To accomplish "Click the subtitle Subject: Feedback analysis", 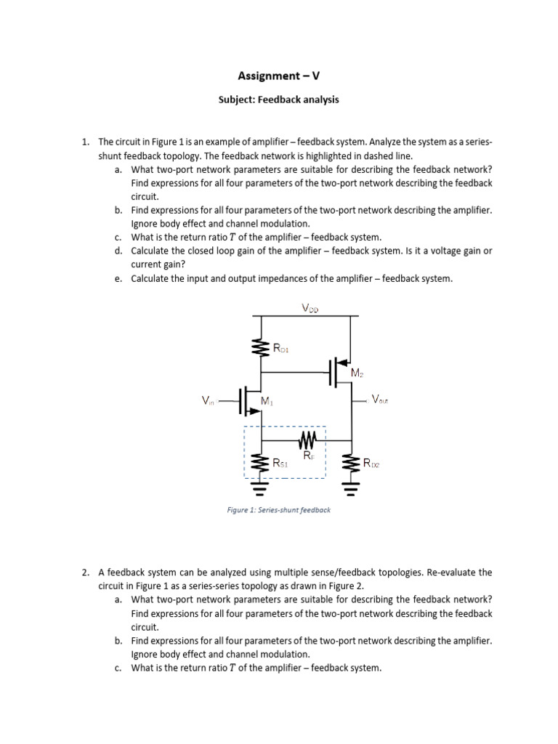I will point(279,100).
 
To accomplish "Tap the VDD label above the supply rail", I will point(310,308).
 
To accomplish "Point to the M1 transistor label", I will point(267,400).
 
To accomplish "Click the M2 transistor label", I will point(356,373).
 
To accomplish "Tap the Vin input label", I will point(209,400).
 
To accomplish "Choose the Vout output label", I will point(379,400).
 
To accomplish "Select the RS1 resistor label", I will point(281,462).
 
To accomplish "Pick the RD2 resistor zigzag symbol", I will point(352,462).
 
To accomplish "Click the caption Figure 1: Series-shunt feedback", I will point(278,510).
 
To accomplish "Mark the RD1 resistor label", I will point(281,349).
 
